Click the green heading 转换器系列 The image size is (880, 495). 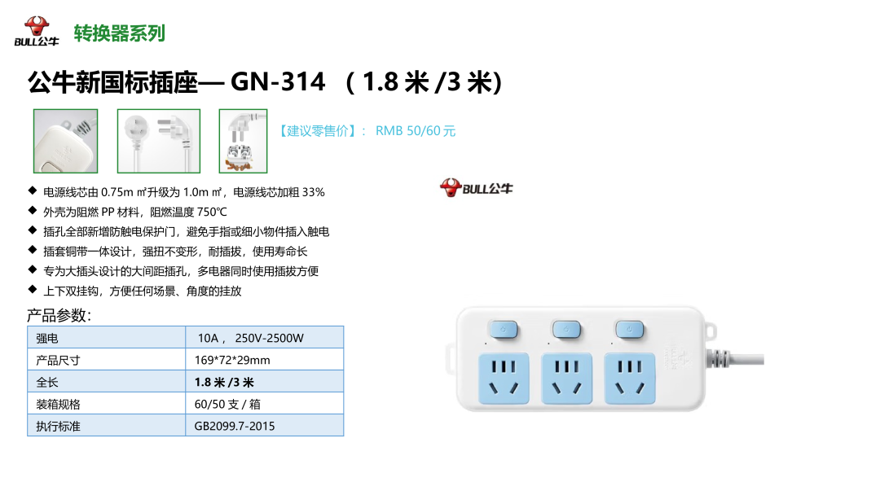point(119,33)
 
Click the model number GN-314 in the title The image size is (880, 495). point(278,81)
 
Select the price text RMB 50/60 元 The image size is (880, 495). point(416,131)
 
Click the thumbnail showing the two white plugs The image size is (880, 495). point(158,141)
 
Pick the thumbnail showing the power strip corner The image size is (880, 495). point(65,141)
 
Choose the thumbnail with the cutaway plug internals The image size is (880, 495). point(243,141)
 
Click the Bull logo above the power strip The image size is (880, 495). point(477,188)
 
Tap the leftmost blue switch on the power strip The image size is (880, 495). point(503,330)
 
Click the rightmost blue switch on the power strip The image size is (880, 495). point(629,330)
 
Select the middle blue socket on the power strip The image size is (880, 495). point(567,376)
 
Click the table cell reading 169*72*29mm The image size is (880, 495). point(232,360)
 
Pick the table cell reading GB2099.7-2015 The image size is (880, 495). point(235,426)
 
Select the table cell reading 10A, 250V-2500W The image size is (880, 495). point(250,338)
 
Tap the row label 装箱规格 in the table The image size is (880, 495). point(59,404)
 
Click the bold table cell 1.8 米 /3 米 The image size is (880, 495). point(224,382)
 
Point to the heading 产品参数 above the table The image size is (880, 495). point(59,316)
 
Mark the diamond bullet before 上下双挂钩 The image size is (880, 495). point(32,290)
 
